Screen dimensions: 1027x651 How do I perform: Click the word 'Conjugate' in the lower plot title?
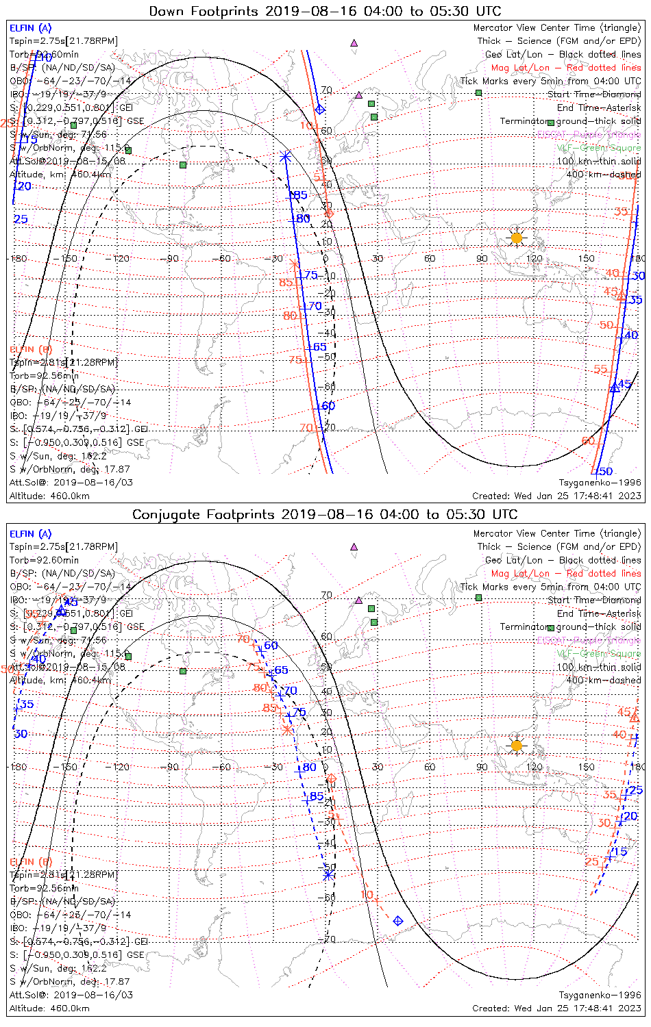[167, 514]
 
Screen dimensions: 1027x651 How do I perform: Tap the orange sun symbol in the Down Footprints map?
[517, 238]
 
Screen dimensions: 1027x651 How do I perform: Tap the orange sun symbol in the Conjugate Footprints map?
[517, 745]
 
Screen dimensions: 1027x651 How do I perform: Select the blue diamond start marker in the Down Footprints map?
[320, 109]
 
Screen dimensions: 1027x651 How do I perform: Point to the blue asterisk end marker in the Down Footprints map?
[285, 157]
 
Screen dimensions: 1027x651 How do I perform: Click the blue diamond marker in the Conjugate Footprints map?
[398, 921]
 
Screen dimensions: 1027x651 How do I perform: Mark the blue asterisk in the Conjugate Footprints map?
[328, 874]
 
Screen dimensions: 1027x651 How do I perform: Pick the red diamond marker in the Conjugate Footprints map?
[332, 778]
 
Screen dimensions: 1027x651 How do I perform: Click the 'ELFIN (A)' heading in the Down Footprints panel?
[30, 28]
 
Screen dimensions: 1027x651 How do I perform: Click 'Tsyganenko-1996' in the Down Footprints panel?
[600, 483]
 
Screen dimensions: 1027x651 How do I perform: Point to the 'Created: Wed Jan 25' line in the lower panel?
[556, 1008]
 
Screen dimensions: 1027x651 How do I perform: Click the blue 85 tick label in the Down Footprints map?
[299, 195]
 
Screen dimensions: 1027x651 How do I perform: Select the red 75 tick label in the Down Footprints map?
[295, 359]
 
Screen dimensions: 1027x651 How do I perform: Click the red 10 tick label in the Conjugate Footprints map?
[367, 894]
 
